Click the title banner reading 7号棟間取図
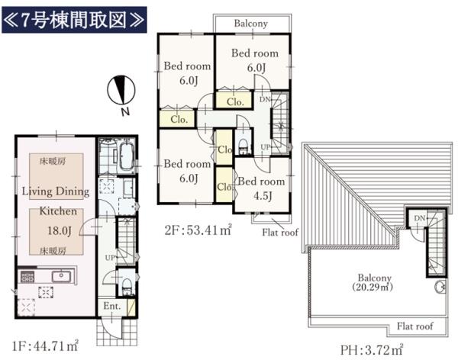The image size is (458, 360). click(74, 20)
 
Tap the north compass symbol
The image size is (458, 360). click(121, 90)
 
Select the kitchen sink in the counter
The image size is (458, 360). click(61, 276)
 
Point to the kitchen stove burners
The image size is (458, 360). click(27, 277)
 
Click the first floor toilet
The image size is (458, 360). click(127, 285)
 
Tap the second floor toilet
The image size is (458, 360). click(243, 146)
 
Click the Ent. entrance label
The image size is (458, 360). click(112, 306)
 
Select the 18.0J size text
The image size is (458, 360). click(60, 231)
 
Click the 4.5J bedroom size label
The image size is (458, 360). click(263, 195)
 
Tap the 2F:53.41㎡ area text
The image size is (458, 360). click(198, 230)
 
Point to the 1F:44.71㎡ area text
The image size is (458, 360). click(45, 346)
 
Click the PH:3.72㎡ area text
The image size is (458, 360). click(372, 349)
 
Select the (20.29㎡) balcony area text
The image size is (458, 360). click(373, 288)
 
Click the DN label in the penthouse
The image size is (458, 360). click(420, 218)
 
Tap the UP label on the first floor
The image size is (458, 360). click(110, 258)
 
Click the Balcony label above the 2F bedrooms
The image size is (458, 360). click(251, 24)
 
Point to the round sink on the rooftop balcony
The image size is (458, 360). click(440, 287)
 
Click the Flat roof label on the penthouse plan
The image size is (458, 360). click(414, 326)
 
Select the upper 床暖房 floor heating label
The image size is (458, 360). click(53, 161)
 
